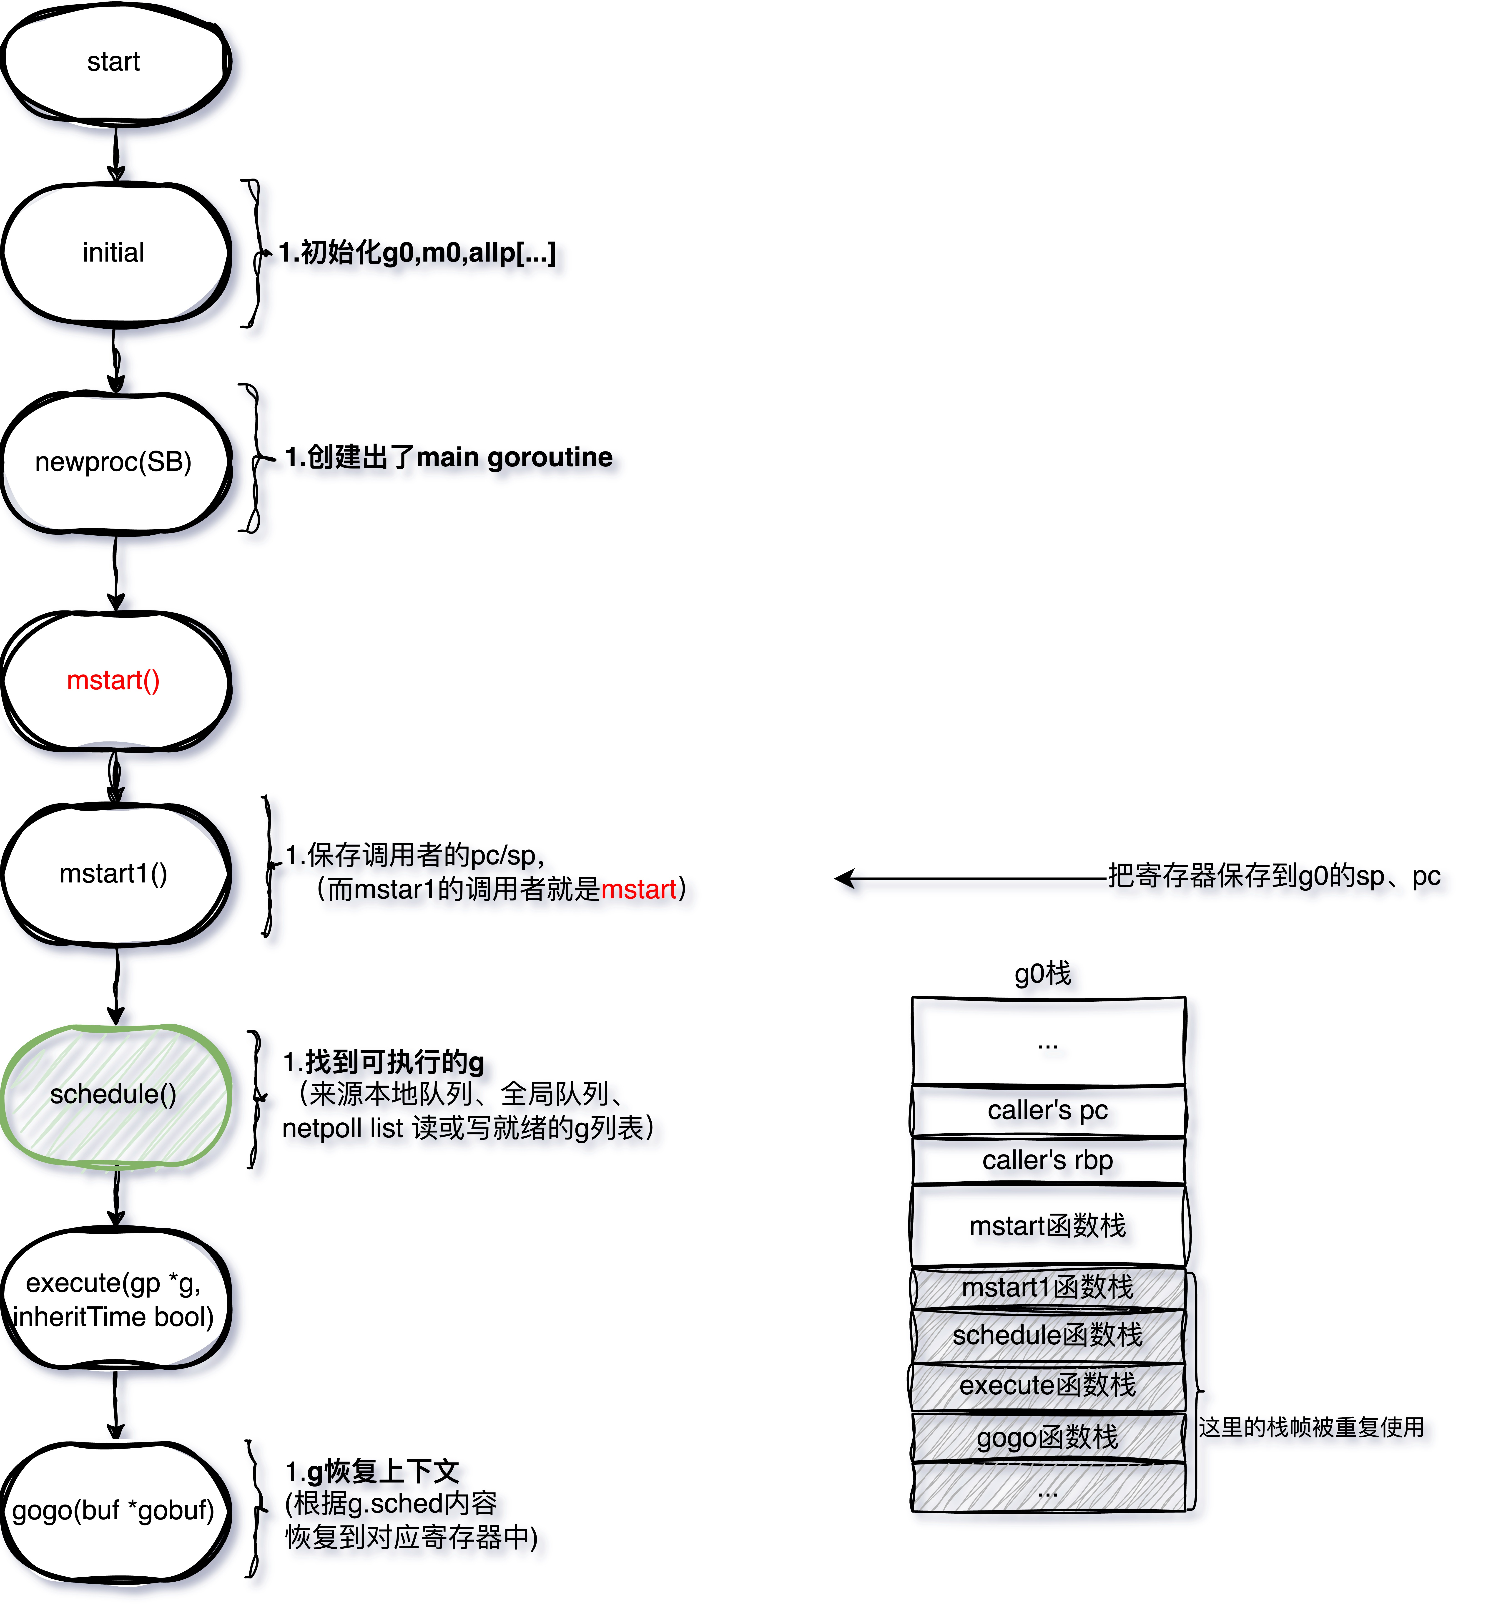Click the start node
pyautogui.click(x=114, y=62)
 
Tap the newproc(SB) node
pyautogui.click(x=114, y=462)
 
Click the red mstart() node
pyautogui.click(x=114, y=680)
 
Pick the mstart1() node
pyautogui.click(x=114, y=874)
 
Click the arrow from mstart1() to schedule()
pyautogui.click(x=116, y=985)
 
